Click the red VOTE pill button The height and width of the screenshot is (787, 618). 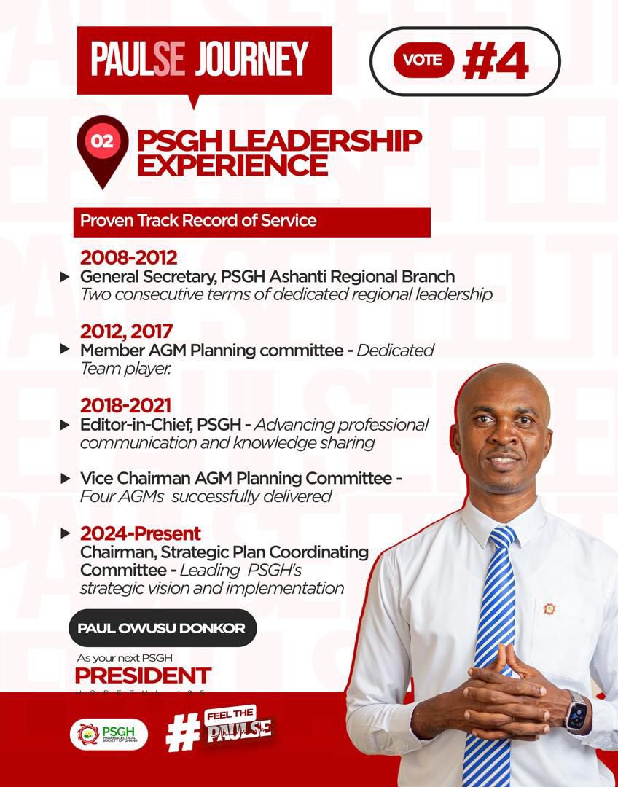pos(423,60)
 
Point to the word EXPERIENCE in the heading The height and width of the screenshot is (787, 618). pos(232,165)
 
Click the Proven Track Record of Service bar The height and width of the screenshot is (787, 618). pos(251,221)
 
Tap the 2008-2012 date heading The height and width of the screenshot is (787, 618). pos(128,257)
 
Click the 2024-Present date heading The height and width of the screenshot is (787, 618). pos(141,533)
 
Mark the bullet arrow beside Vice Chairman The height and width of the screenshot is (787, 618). pos(66,479)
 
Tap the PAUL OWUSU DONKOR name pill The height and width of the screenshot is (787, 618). pos(162,628)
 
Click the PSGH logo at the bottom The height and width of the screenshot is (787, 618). pos(109,734)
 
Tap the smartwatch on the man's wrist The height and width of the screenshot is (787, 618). pos(576,712)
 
